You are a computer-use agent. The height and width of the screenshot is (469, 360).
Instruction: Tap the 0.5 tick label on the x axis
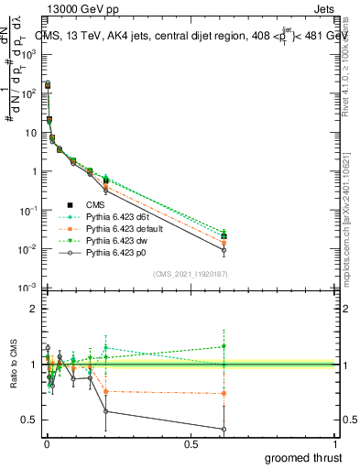pos(190,443)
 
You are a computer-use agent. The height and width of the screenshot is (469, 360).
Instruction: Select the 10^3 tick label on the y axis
pos(28,55)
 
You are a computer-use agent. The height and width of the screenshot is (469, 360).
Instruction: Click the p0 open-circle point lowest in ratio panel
pos(224,429)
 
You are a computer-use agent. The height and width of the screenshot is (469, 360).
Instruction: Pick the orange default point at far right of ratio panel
pos(224,394)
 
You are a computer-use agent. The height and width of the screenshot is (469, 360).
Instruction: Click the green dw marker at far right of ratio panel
pos(224,346)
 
